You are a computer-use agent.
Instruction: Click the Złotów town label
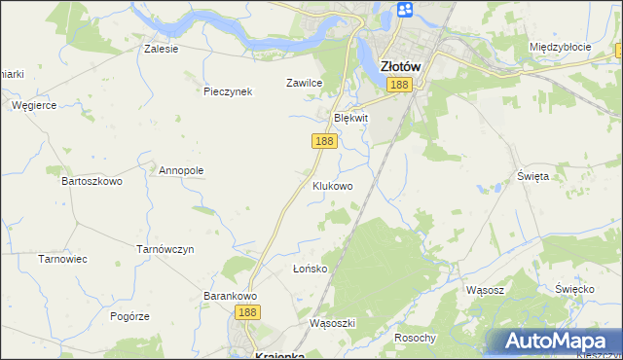click(400, 66)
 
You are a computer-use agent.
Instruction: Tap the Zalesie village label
click(161, 49)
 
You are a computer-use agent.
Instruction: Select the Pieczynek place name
click(228, 92)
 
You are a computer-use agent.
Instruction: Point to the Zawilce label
click(304, 84)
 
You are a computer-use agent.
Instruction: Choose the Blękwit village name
click(351, 118)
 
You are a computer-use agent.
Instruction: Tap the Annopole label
click(180, 170)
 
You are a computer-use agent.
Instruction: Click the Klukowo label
click(332, 185)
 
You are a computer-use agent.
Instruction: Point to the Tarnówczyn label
click(165, 249)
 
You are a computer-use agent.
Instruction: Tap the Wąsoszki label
click(333, 323)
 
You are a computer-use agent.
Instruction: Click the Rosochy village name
click(415, 338)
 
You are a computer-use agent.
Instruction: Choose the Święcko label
click(574, 290)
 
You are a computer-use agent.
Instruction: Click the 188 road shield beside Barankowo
click(247, 312)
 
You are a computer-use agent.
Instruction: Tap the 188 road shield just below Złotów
click(399, 87)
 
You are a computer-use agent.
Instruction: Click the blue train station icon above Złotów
click(405, 11)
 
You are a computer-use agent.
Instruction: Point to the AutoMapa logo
click(559, 341)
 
